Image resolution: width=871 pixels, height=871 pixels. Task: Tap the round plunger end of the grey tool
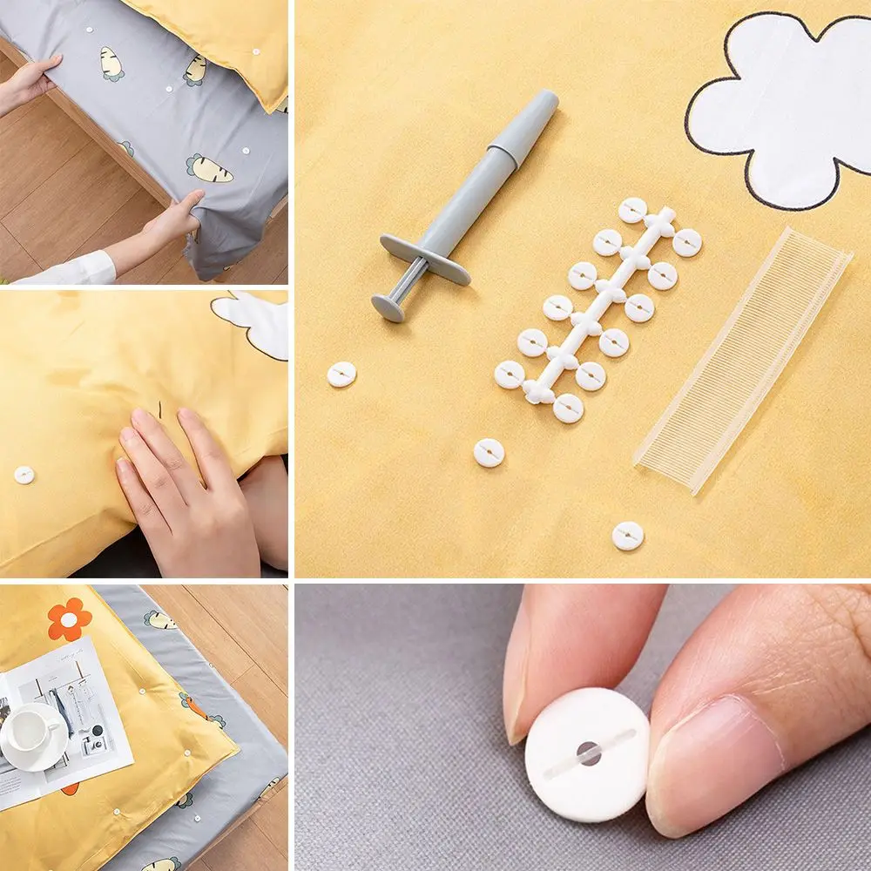[388, 306]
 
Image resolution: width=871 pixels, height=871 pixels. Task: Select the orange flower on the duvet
[70, 618]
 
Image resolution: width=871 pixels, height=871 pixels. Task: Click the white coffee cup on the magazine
[30, 728]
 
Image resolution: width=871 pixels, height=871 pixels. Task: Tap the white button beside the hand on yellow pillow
[24, 475]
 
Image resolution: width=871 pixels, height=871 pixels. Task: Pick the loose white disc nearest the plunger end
[341, 374]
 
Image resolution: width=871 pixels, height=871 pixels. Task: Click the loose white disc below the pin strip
[627, 536]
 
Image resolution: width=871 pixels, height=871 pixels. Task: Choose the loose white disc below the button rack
[489, 452]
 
